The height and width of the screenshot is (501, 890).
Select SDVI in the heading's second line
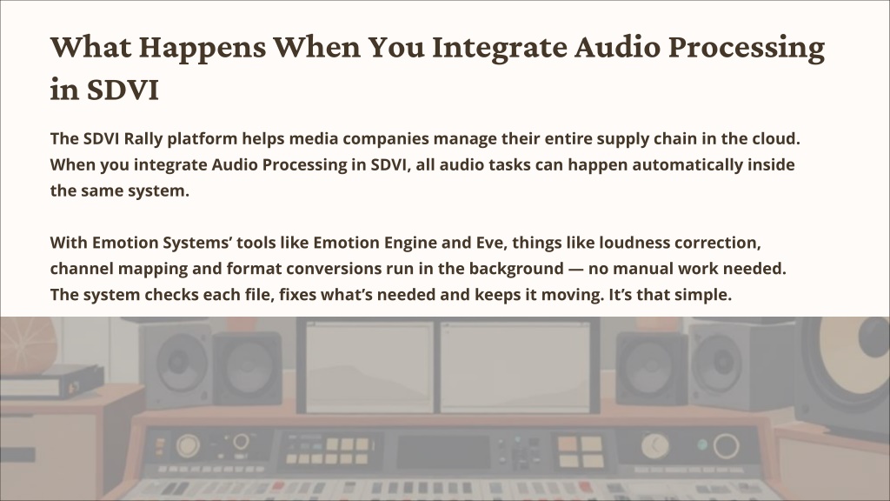[123, 90]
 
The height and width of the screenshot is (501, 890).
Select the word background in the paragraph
[516, 269]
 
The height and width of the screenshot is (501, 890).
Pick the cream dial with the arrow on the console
[655, 446]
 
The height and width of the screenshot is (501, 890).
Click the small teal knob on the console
[702, 444]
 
